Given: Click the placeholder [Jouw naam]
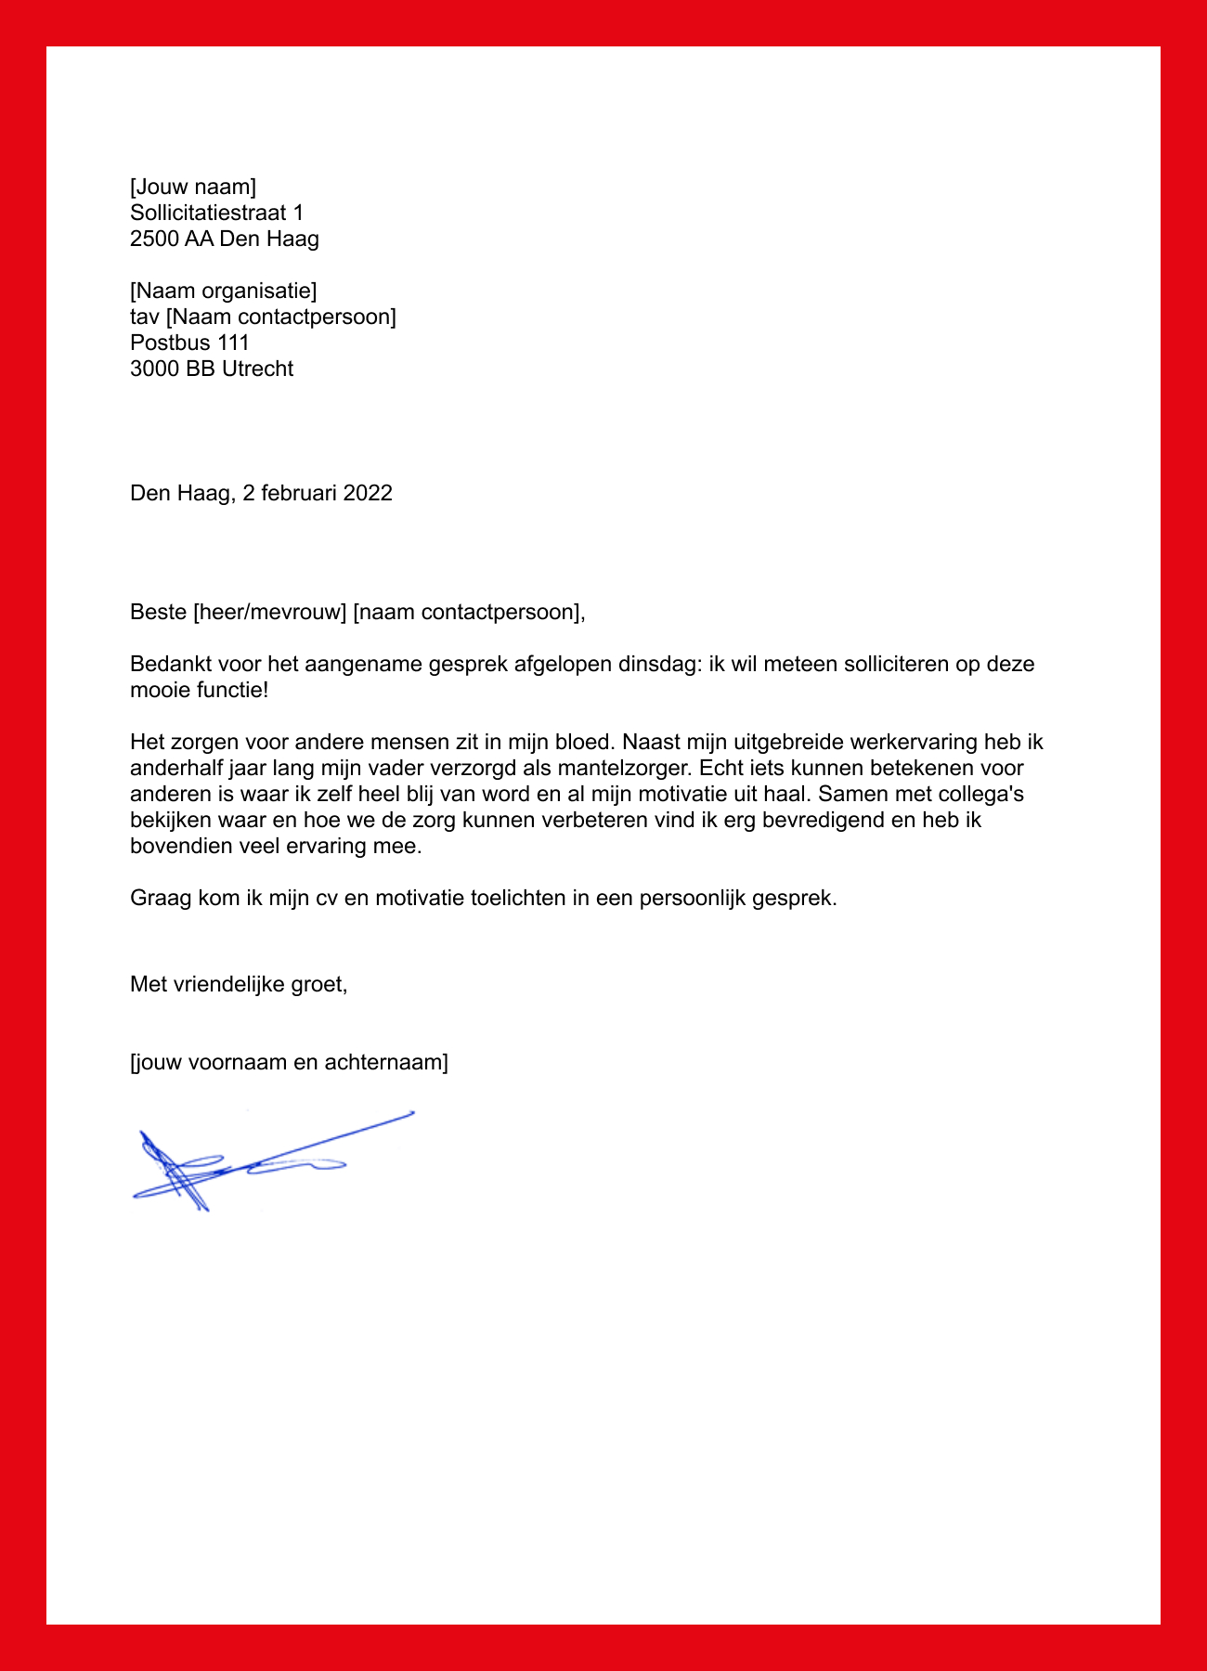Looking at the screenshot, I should tap(193, 188).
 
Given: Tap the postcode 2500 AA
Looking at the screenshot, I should tap(172, 240).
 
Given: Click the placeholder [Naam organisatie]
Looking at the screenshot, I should tap(223, 291).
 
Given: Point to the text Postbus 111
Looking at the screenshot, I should tap(189, 343).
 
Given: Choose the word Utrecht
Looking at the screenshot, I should tap(257, 369).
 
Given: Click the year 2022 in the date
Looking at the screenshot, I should tap(368, 493).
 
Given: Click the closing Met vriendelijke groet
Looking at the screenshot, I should tap(239, 984).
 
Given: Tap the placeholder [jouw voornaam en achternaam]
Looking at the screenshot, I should tap(289, 1063).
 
